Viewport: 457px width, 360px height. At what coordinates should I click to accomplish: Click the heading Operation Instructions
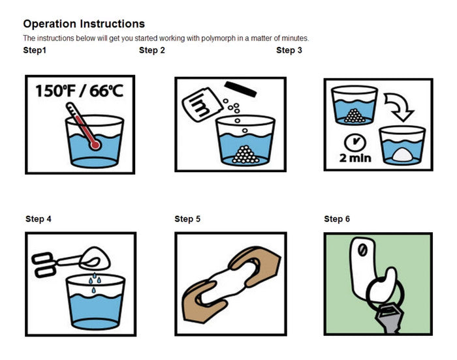pyautogui.click(x=84, y=24)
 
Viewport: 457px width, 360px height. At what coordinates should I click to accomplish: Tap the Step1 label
pyautogui.click(x=35, y=50)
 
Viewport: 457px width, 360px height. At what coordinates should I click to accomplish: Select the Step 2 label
pyautogui.click(x=152, y=50)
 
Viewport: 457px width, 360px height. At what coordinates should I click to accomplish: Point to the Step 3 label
pyautogui.click(x=289, y=50)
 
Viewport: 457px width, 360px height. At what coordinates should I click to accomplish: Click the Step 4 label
pyautogui.click(x=39, y=218)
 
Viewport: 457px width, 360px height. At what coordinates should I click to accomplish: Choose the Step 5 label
pyautogui.click(x=187, y=218)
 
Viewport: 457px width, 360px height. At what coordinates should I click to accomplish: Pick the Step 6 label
pyautogui.click(x=337, y=218)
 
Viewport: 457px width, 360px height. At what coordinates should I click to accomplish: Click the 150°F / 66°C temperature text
pyautogui.click(x=79, y=91)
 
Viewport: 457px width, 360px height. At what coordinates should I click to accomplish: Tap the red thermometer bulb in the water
pyautogui.click(x=95, y=145)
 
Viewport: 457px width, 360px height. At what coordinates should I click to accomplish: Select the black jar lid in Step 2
pyautogui.click(x=240, y=89)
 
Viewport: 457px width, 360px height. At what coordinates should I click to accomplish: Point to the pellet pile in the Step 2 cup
pyautogui.click(x=245, y=155)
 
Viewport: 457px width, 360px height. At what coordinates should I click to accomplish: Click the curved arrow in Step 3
pyautogui.click(x=398, y=106)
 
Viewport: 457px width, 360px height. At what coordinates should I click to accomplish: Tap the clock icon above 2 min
pyautogui.click(x=355, y=142)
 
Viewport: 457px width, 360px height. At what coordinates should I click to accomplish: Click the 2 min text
pyautogui.click(x=355, y=158)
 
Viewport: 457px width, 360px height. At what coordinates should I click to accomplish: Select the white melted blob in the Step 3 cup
pyautogui.click(x=403, y=155)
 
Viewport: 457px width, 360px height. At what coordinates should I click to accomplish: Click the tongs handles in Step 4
pyautogui.click(x=44, y=265)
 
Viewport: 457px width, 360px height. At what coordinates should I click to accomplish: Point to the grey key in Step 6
pyautogui.click(x=389, y=318)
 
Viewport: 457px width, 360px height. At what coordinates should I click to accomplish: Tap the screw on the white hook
pyautogui.click(x=362, y=250)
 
